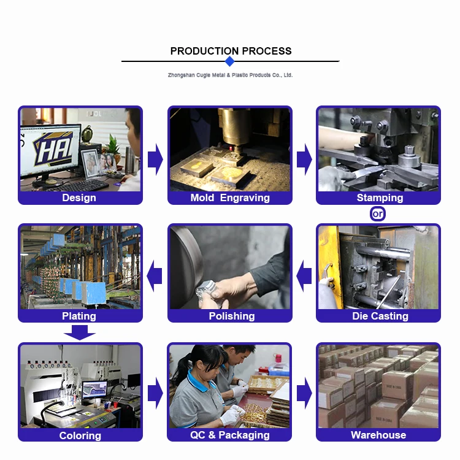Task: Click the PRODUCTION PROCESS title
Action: click(x=231, y=51)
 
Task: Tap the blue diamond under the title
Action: click(x=230, y=61)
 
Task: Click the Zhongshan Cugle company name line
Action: click(x=230, y=75)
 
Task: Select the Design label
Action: click(x=79, y=197)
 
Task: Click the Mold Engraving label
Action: click(x=230, y=197)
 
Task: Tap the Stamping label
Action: click(x=380, y=197)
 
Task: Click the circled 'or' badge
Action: click(x=378, y=214)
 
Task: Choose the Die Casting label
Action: click(x=380, y=316)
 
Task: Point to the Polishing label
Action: click(x=232, y=316)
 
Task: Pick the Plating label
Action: click(x=79, y=316)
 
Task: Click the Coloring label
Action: click(x=80, y=435)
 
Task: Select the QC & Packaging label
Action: click(x=230, y=435)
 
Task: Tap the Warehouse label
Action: click(x=378, y=435)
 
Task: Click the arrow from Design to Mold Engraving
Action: click(x=155, y=159)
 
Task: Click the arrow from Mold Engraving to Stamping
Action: click(x=304, y=159)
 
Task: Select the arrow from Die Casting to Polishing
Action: click(x=304, y=276)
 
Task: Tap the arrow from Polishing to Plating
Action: click(x=155, y=276)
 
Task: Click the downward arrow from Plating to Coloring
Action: click(x=80, y=332)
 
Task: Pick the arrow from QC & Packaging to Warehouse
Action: click(x=304, y=393)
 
